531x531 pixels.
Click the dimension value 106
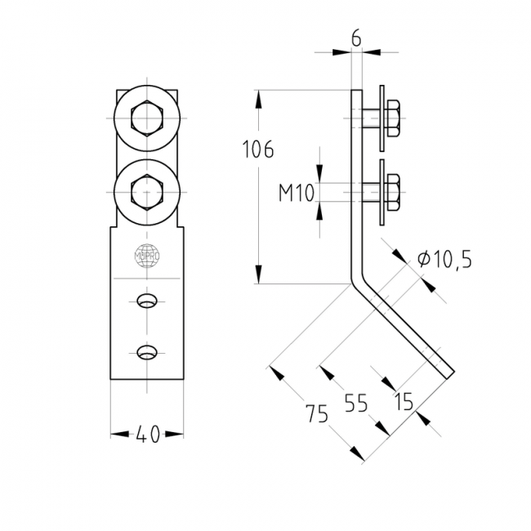tap(259, 149)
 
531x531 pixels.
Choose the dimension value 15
tap(403, 402)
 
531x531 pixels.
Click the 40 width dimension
tap(147, 435)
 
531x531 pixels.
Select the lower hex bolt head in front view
tap(147, 192)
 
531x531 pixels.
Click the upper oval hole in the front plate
tap(147, 301)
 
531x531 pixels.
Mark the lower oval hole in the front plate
tap(147, 353)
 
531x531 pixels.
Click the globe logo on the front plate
tap(147, 255)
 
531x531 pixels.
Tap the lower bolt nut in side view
tap(391, 193)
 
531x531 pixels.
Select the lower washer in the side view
tap(382, 193)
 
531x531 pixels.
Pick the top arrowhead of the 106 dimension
tap(259, 96)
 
